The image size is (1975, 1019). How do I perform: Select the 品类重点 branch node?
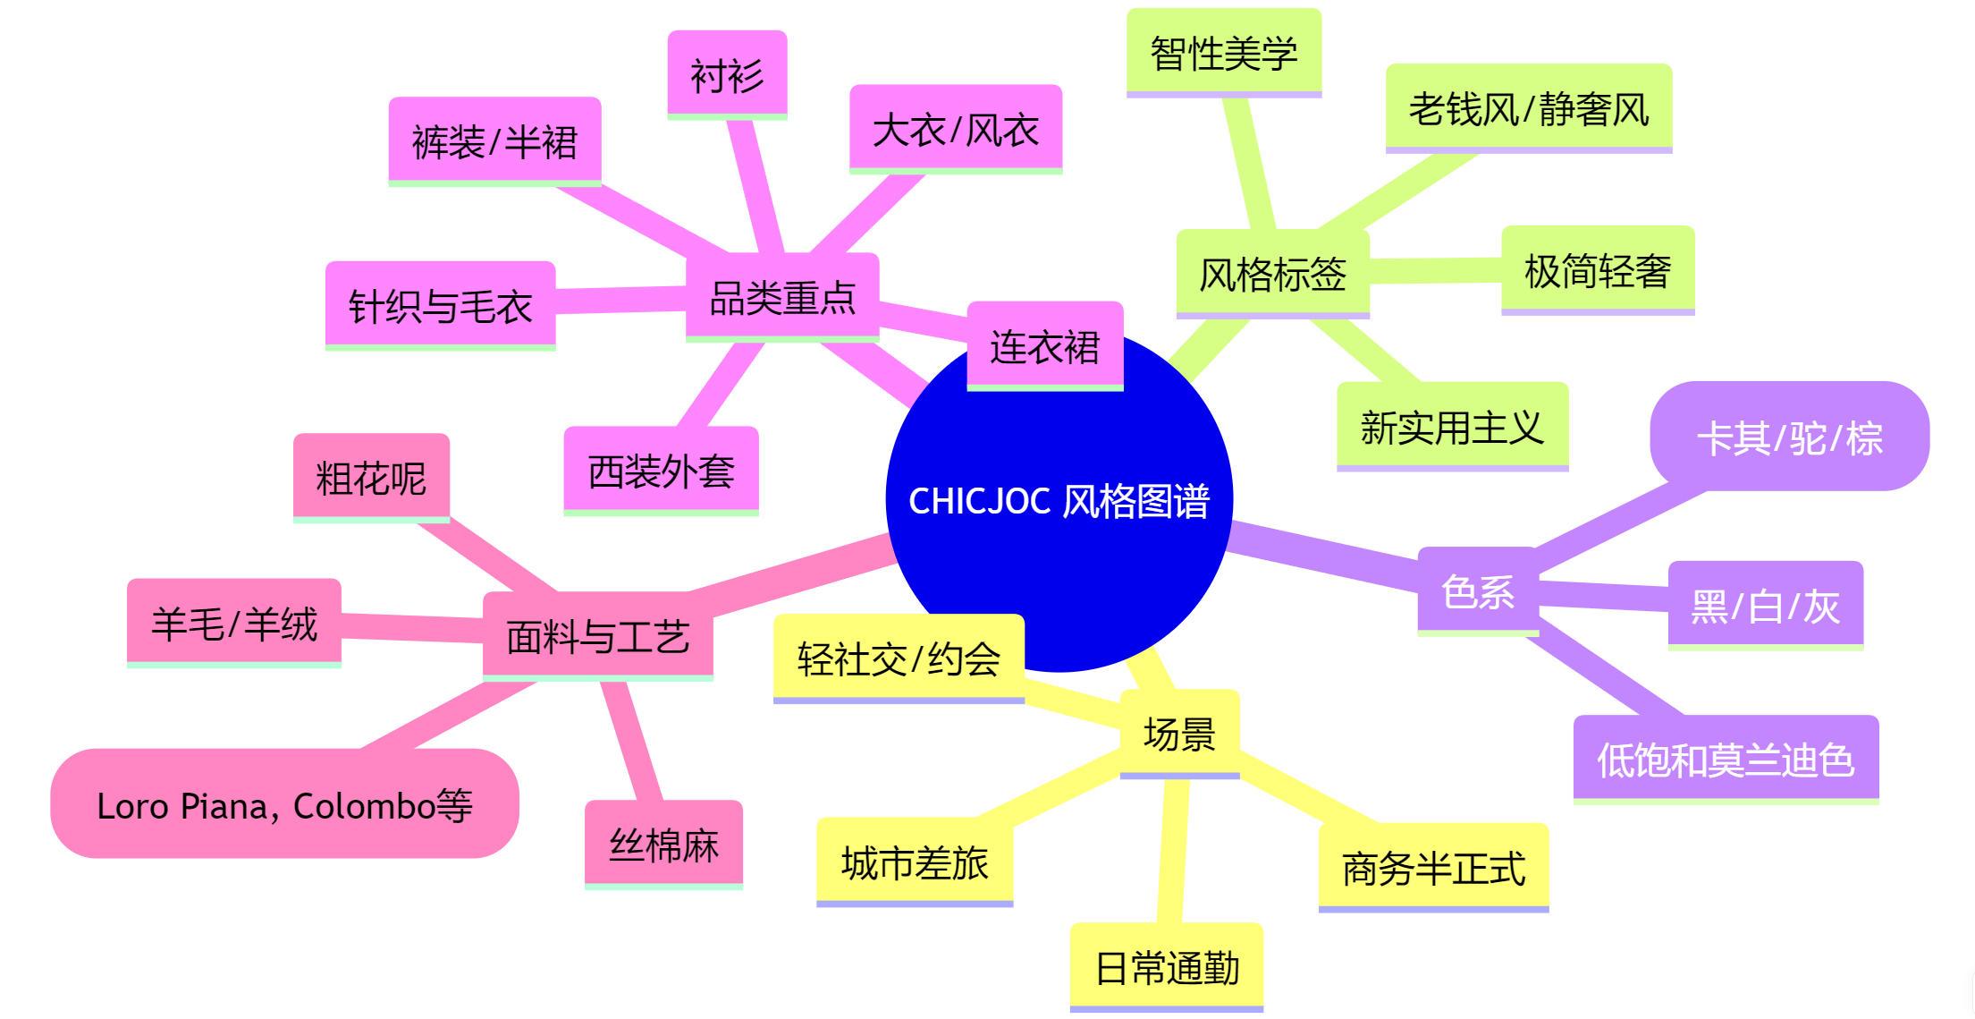782,297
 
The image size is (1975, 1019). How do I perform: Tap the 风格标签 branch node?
1272,274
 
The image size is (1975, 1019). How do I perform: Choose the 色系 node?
1478,591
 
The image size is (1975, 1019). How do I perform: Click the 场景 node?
1179,734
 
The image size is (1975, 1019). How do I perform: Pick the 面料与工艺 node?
597,636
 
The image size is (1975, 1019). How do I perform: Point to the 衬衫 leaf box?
727,75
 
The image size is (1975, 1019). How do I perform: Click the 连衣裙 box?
1044,346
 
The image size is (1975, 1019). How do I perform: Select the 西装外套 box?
661,471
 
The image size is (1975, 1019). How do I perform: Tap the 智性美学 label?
1223,53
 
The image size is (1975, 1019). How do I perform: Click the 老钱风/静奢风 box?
1528,108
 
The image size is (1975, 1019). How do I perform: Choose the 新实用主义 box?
1452,427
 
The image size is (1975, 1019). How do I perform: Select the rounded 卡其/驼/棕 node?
1789,437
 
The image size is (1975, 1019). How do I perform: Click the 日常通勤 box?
1167,967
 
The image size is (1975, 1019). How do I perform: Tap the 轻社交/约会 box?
899,658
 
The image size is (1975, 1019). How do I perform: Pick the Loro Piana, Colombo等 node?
284,804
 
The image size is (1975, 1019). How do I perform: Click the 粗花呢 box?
371,478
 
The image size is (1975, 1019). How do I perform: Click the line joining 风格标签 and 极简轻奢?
1435,270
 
